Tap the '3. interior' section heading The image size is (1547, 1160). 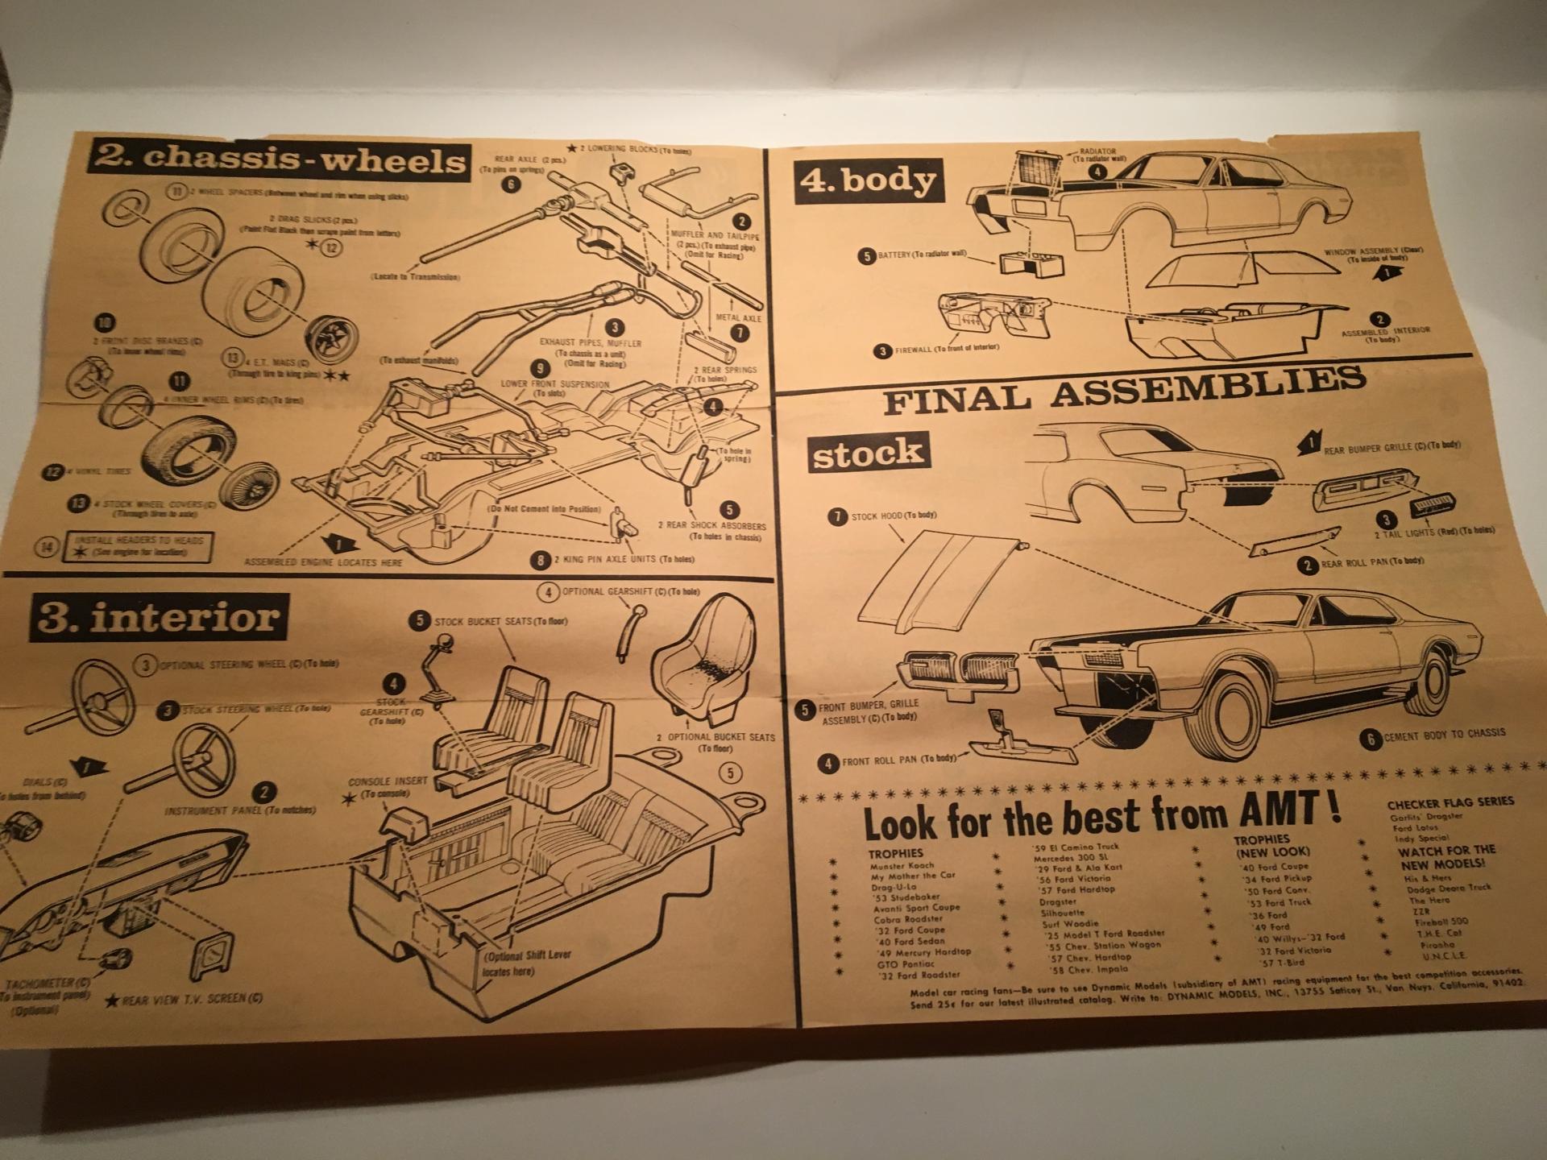tap(159, 619)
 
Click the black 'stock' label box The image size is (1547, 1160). tap(867, 453)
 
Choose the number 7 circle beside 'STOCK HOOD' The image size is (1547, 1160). tap(839, 517)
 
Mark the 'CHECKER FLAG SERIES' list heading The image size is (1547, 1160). tap(1450, 802)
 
